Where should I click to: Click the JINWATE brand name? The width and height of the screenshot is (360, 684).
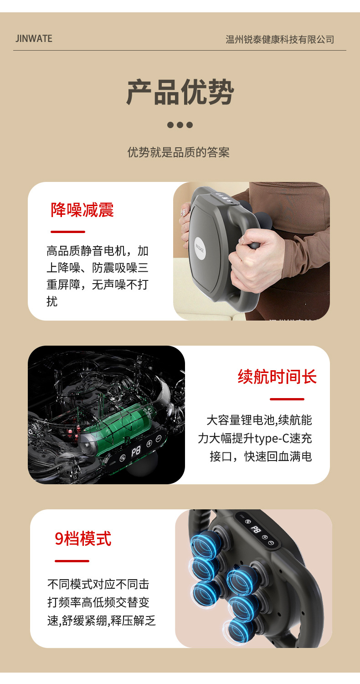coord(34,39)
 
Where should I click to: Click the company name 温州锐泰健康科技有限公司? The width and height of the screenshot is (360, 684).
coord(280,40)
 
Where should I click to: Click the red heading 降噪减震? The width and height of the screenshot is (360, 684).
coord(82,210)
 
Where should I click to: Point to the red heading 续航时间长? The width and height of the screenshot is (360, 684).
coord(277,377)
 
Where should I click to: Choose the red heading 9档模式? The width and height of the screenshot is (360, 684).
coord(83,539)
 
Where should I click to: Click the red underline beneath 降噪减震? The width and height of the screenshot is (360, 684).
coord(68,232)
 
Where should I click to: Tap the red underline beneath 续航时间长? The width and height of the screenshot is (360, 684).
coord(287,399)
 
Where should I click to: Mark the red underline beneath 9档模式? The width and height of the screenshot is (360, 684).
coord(72,561)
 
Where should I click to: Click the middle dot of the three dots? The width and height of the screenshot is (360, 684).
coord(180,125)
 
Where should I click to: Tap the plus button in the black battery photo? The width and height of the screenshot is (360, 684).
coord(149,444)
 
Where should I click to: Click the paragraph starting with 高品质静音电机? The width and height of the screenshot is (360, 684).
coord(98,276)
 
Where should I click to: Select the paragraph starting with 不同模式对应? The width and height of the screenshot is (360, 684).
coord(102,602)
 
